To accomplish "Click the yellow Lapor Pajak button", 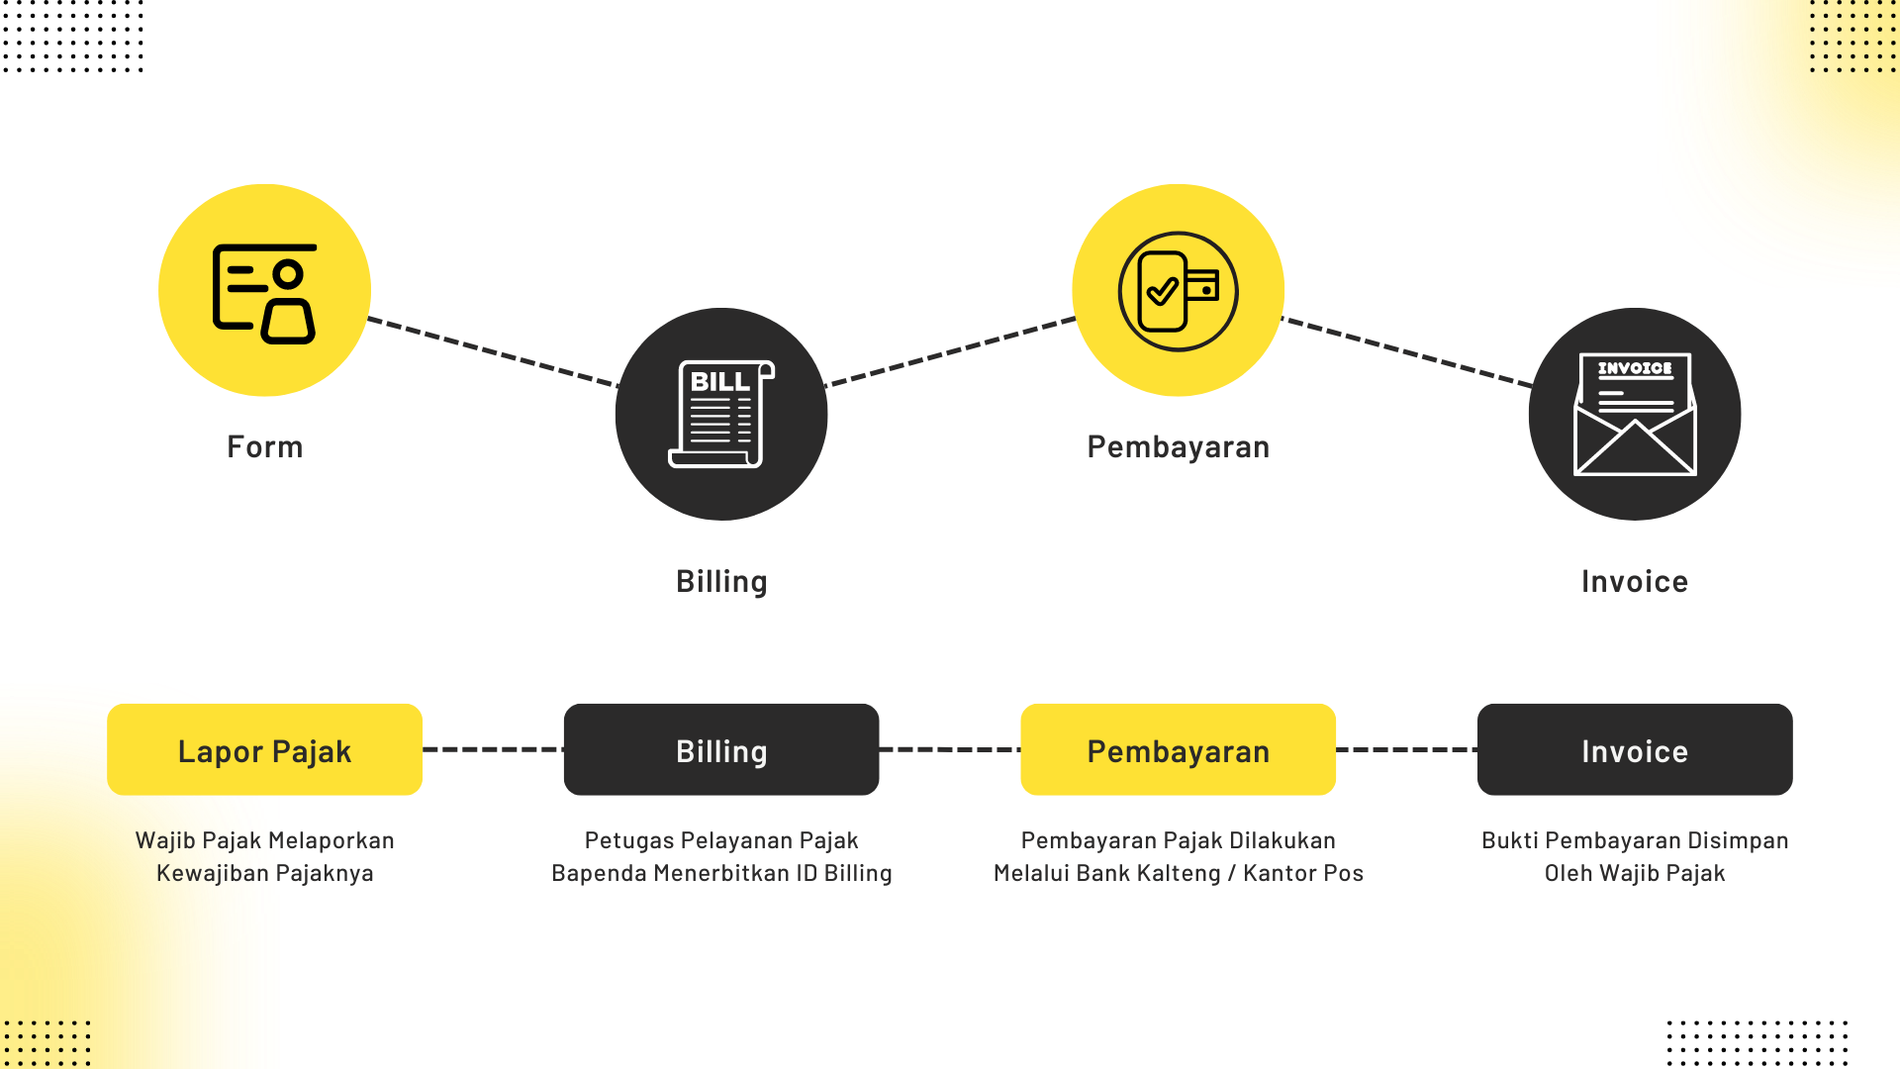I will [x=264, y=750].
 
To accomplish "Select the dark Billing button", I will [x=720, y=750].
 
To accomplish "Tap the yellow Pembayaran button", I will [x=1178, y=750].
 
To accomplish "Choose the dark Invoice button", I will [x=1634, y=750].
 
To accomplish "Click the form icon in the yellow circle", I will [x=264, y=293].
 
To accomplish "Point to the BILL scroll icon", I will [x=720, y=414].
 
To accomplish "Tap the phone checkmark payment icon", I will [x=1178, y=291].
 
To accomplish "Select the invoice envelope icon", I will [x=1635, y=414].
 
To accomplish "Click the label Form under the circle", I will [x=264, y=446].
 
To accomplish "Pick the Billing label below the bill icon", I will [x=720, y=581].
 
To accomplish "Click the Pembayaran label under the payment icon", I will [x=1178, y=446].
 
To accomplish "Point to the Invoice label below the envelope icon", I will [x=1634, y=581].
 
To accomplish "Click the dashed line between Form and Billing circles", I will [x=493, y=351].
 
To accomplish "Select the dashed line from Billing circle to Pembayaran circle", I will [x=950, y=351].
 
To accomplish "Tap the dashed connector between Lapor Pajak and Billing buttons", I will [x=493, y=749].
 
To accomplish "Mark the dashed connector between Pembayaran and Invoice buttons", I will [x=1406, y=749].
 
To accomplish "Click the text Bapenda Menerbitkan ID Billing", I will [x=720, y=873].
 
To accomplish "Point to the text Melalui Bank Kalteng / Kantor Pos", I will [x=1178, y=873].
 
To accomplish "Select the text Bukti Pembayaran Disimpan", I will [x=1634, y=840].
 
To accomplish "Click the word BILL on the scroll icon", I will [x=719, y=382].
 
